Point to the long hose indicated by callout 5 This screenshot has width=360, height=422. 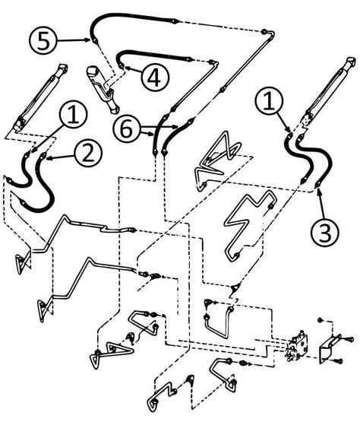tap(175, 17)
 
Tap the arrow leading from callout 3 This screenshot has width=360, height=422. tap(320, 203)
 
